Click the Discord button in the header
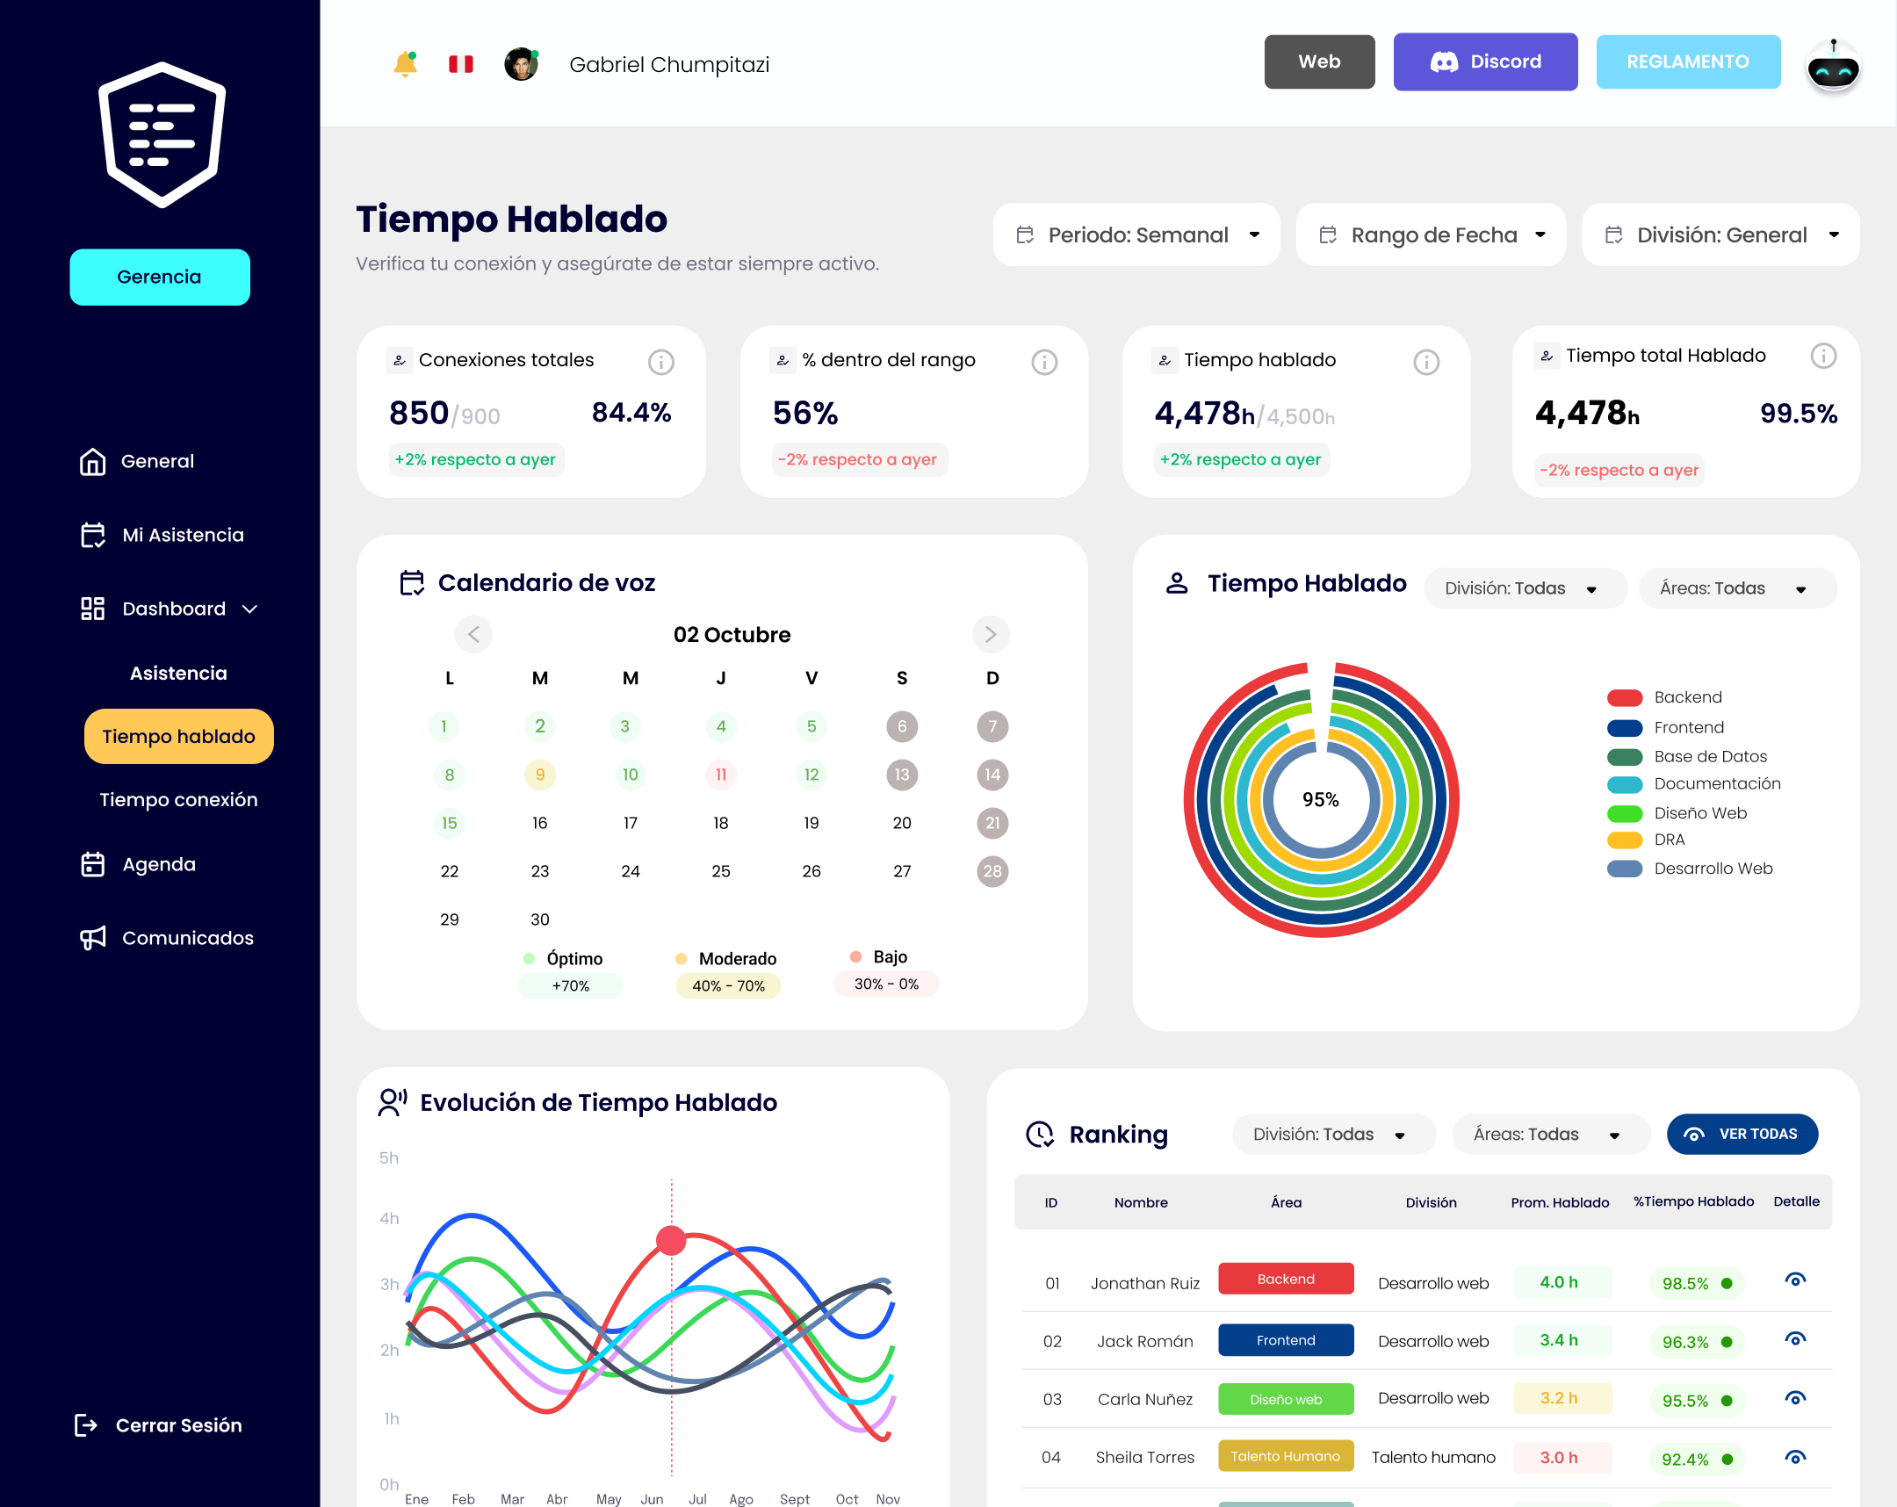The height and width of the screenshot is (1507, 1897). (1484, 61)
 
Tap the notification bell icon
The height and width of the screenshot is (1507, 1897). (405, 63)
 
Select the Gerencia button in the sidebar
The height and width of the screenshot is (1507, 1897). (159, 278)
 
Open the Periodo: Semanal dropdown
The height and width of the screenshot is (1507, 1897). (1136, 234)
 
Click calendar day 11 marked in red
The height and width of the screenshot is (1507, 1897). (721, 775)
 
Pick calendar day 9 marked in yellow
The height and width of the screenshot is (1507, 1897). (539, 775)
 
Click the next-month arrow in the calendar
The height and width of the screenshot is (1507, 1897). (990, 634)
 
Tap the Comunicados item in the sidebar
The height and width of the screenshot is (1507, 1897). (187, 938)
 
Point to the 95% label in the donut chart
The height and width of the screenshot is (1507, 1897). (1320, 800)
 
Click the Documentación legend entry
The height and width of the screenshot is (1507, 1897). (1716, 784)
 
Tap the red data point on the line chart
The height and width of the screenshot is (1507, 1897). (671, 1240)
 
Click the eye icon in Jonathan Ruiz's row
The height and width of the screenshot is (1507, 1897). (1795, 1280)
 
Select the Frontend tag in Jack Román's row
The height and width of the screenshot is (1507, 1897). (1285, 1340)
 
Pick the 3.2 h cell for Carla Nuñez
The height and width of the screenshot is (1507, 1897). (1558, 1398)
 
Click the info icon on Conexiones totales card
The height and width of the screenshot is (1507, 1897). (660, 362)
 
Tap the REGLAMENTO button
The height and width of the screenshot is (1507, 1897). (1687, 61)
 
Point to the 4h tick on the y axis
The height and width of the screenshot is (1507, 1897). (389, 1218)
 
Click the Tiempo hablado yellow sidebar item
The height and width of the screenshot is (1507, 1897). (178, 736)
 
